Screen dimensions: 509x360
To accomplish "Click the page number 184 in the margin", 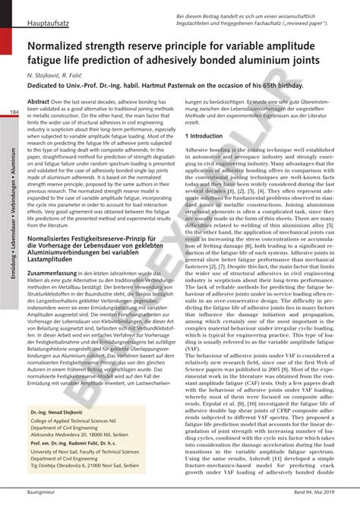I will coord(14,113).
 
